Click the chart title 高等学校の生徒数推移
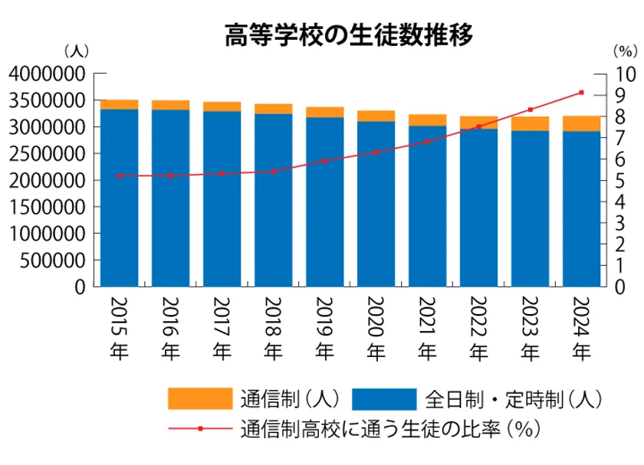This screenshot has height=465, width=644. point(349,34)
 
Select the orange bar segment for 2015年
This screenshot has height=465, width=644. point(119,104)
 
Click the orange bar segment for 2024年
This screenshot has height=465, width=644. point(581,123)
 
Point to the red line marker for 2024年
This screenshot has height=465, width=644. point(581,93)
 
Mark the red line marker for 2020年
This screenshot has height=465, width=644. point(376,152)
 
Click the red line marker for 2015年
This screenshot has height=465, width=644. point(119,175)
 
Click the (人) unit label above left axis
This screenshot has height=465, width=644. point(77,51)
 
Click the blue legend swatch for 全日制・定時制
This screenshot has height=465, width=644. point(384,399)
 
